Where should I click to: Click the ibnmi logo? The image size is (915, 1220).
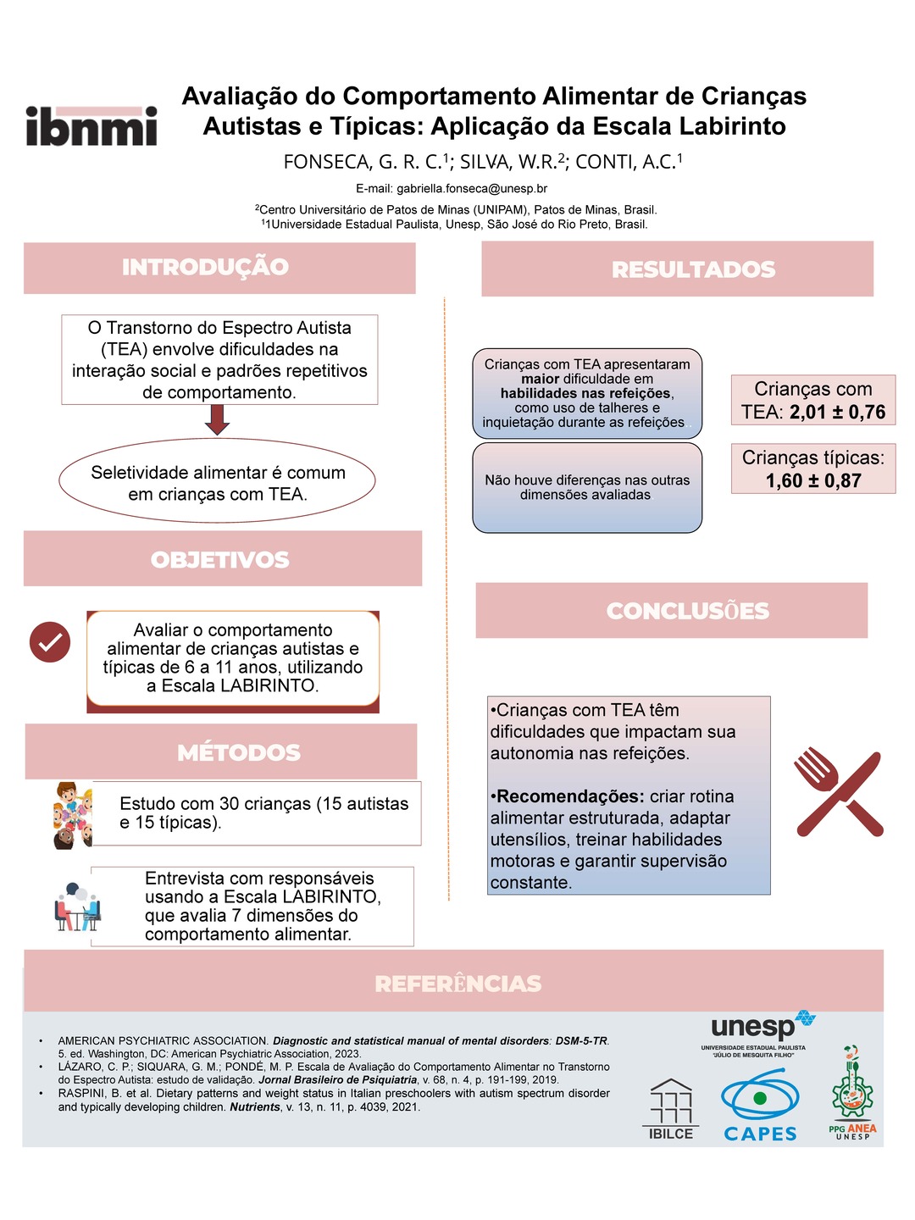[x=91, y=126]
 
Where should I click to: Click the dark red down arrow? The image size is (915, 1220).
[x=218, y=419]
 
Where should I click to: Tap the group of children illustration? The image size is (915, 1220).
[x=72, y=815]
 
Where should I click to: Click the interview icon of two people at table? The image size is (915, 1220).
[x=77, y=907]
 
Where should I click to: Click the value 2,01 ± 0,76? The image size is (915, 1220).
[x=837, y=413]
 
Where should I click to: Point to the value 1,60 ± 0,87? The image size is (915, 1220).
[x=813, y=481]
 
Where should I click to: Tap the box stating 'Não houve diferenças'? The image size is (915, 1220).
[x=587, y=488]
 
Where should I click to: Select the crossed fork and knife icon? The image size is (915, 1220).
[x=838, y=792]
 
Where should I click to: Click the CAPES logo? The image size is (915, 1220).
[x=760, y=1106]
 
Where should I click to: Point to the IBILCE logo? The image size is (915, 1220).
[x=670, y=1109]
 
